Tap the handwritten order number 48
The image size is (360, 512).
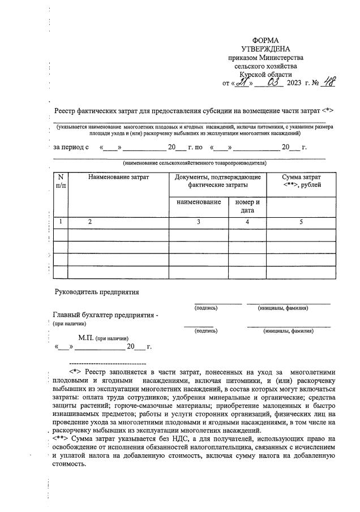[x=328, y=83]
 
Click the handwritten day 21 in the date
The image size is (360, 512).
[x=243, y=83]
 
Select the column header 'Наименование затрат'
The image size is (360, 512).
[x=118, y=178]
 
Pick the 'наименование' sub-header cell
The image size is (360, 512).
[x=199, y=202]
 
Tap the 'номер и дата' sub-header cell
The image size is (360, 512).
[x=247, y=206]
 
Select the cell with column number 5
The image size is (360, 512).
[x=301, y=222]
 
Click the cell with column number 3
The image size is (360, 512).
[x=199, y=222]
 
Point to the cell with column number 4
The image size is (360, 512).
[x=247, y=222]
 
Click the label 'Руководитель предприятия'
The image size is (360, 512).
[x=96, y=292]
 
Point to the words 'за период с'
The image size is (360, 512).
[x=71, y=147]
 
